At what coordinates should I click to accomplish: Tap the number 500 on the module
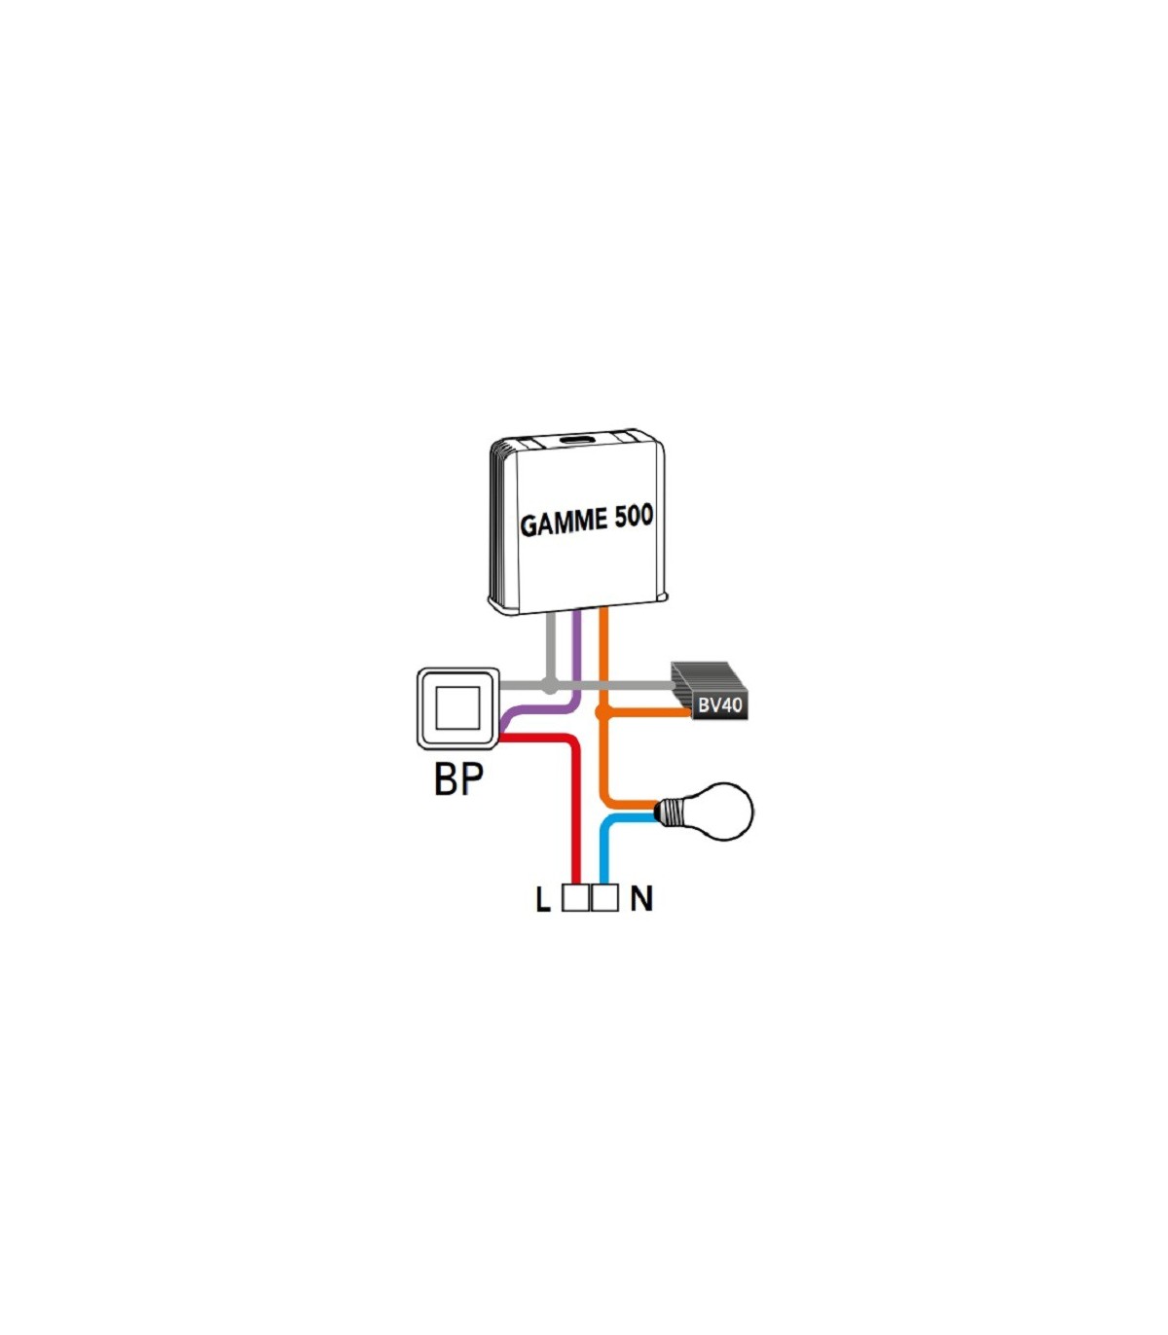(x=634, y=517)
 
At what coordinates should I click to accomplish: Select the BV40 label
(x=719, y=704)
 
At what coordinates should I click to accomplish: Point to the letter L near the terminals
(x=543, y=900)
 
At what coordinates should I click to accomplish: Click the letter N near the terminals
(x=641, y=898)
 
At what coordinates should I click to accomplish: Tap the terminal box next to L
(x=575, y=897)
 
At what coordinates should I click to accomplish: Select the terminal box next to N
(x=604, y=897)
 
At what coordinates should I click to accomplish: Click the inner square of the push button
(x=458, y=708)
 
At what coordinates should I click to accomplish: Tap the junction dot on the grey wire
(x=551, y=685)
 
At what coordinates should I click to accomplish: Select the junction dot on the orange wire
(x=602, y=712)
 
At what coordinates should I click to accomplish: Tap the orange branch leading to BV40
(x=646, y=712)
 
